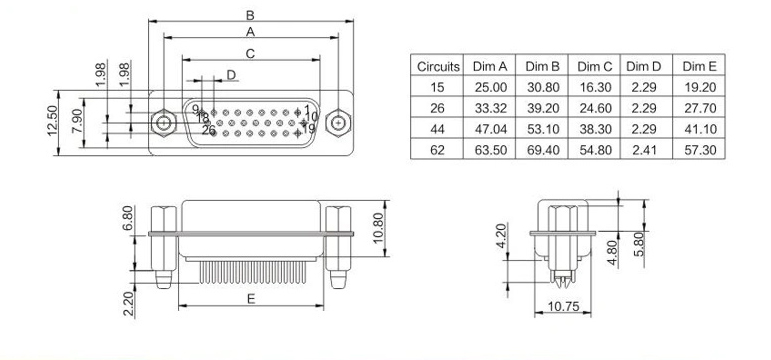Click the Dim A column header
(x=489, y=66)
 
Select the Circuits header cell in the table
(x=438, y=66)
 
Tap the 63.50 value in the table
(x=490, y=150)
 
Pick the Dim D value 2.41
(x=644, y=150)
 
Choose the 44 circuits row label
(x=437, y=129)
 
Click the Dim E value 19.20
(x=700, y=88)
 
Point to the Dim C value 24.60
(x=595, y=108)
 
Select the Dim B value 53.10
(x=543, y=129)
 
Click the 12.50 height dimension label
(x=52, y=121)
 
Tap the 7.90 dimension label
(x=77, y=122)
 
